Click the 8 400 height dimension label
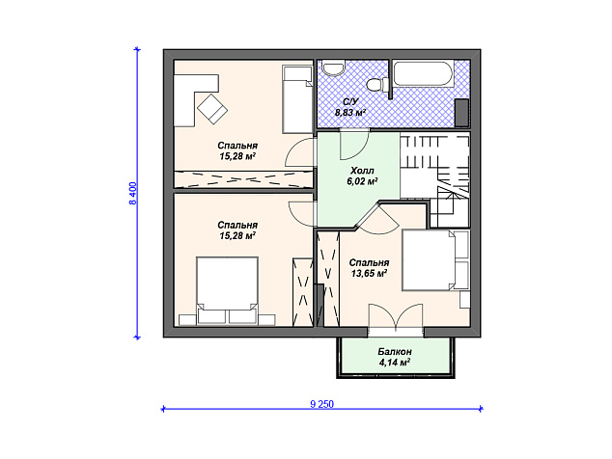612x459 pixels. tap(133, 194)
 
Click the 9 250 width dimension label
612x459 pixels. tap(322, 404)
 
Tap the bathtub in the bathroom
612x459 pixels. tap(423, 73)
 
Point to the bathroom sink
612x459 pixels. tap(333, 67)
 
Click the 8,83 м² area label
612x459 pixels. tap(350, 113)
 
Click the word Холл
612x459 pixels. tap(362, 171)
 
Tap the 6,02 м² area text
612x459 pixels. tap(362, 181)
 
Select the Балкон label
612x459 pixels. tap(395, 352)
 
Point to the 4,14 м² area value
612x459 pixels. tap(394, 363)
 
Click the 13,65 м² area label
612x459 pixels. tap(369, 273)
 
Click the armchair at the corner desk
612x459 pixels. tap(212, 108)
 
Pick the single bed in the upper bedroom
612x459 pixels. tap(298, 99)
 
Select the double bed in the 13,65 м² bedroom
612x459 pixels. tap(435, 260)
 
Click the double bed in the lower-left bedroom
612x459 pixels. tap(227, 290)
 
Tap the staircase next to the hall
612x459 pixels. tap(434, 179)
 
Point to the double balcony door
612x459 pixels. tap(396, 318)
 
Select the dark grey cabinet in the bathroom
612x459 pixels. tap(462, 113)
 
